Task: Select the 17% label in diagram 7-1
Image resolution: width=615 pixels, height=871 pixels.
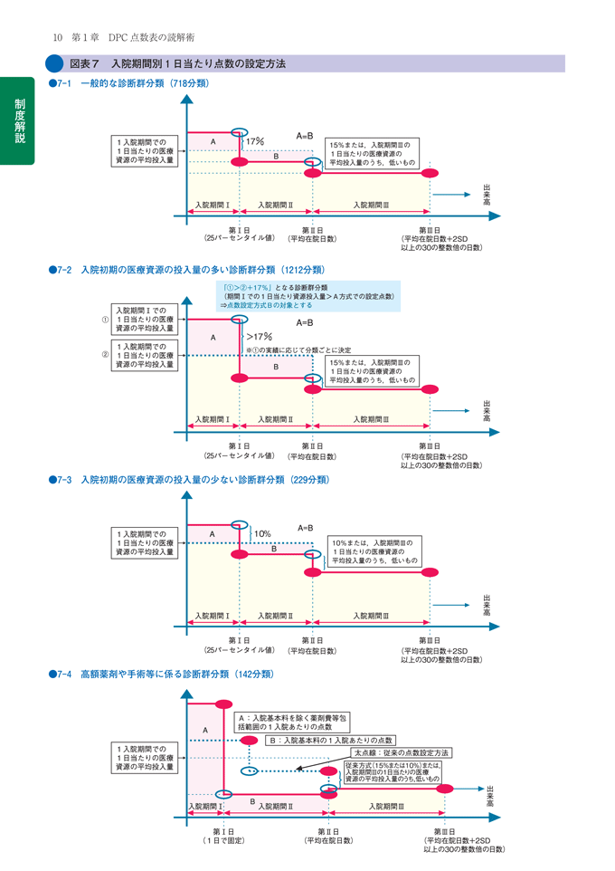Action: pos(255,141)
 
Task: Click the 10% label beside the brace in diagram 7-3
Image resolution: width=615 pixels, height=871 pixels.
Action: pos(262,533)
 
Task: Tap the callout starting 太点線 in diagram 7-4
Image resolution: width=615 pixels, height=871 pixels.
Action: pos(401,752)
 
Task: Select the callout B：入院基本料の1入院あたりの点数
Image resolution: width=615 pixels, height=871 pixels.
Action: pos(332,740)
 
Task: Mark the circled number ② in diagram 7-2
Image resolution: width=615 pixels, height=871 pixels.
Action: pos(105,354)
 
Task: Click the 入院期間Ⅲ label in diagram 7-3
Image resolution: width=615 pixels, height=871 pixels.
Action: pos(371,616)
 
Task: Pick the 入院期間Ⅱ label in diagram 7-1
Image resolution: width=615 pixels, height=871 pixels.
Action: pos(275,206)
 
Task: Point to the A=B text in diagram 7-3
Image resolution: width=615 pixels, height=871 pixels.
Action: pos(305,528)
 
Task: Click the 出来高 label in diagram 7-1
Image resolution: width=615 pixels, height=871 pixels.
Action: pos(487,196)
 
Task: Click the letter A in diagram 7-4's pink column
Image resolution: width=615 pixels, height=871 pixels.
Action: pos(205,730)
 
